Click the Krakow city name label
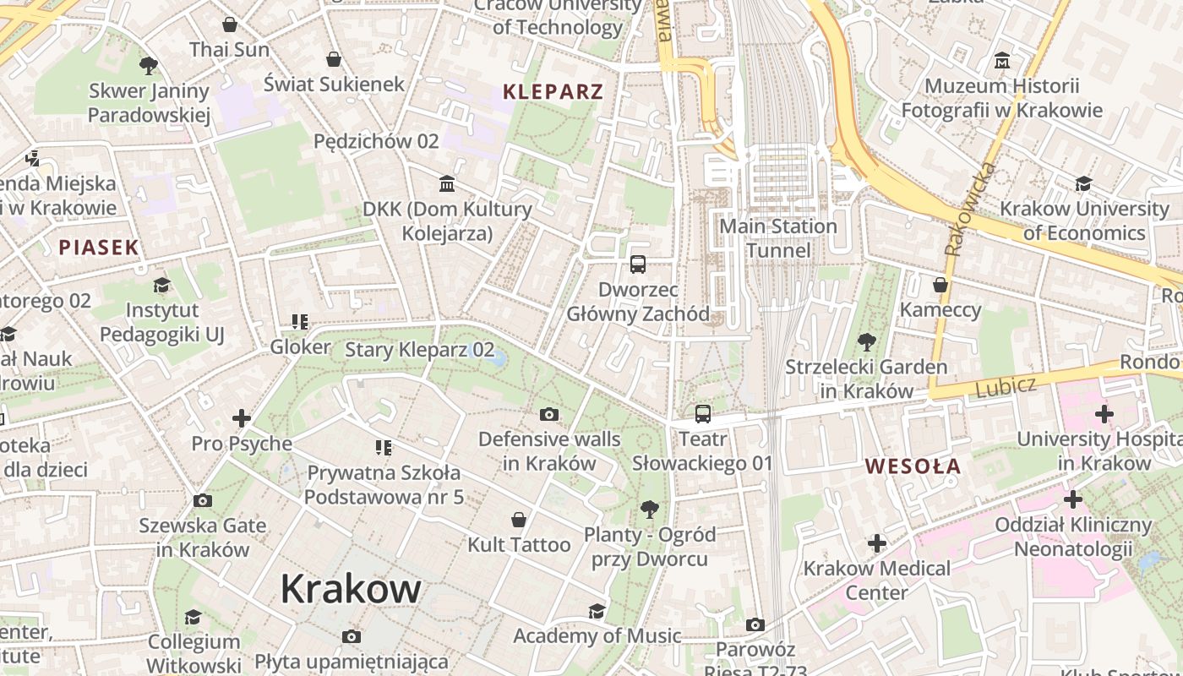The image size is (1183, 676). click(351, 588)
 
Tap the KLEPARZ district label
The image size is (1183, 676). click(553, 92)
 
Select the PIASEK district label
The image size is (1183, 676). click(99, 248)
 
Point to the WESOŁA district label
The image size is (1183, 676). click(913, 466)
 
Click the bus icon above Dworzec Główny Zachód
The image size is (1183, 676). click(638, 264)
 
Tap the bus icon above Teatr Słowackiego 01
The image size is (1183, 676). click(703, 414)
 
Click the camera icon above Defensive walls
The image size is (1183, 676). click(549, 414)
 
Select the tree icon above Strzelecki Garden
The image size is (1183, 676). click(866, 342)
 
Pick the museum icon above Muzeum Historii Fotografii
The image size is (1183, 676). click(1002, 61)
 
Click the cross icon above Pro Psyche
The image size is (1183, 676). click(242, 418)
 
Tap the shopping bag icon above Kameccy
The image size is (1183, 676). click(940, 285)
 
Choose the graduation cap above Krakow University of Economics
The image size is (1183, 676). click(1083, 183)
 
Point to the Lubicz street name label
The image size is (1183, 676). click(1006, 388)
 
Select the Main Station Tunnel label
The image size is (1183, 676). click(778, 238)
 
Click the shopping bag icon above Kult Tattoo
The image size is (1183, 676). click(519, 520)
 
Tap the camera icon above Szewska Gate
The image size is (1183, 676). click(203, 500)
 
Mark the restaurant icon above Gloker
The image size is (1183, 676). click(299, 322)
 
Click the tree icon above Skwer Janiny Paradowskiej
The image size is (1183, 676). click(149, 65)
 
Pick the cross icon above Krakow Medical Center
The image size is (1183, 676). click(877, 542)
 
